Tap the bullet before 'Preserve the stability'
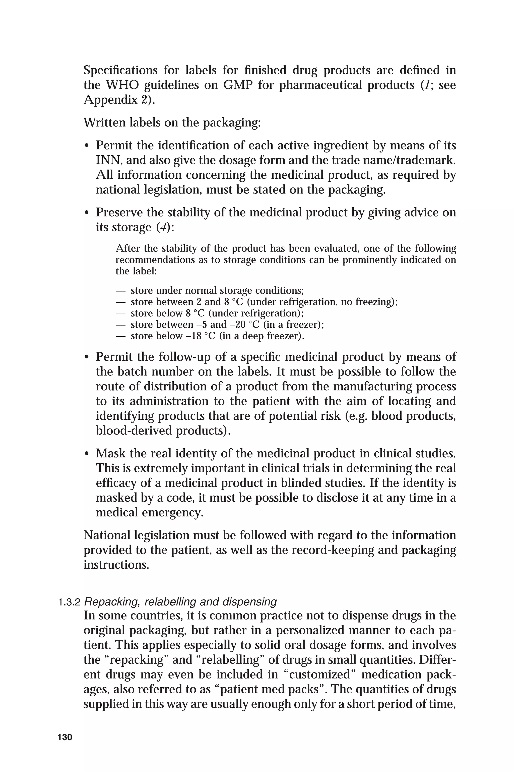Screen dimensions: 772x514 pos(87,213)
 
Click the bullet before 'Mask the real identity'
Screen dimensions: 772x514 pos(87,454)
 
